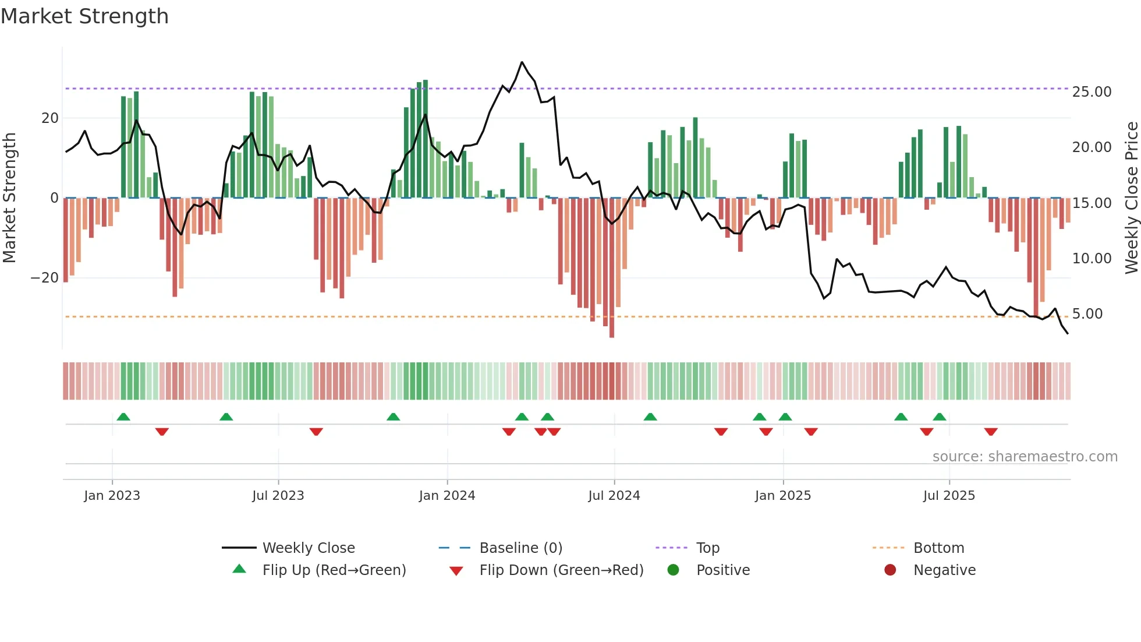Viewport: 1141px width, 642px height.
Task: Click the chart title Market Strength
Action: click(x=84, y=16)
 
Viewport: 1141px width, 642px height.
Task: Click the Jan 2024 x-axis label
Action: click(x=447, y=496)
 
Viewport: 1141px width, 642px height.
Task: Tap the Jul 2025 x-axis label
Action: click(x=948, y=496)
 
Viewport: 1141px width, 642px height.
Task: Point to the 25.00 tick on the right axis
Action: click(x=1092, y=92)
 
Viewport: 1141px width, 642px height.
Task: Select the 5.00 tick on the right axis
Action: click(x=1087, y=314)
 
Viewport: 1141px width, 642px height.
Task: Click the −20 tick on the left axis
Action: click(x=45, y=278)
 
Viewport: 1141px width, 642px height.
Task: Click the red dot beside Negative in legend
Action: click(x=890, y=570)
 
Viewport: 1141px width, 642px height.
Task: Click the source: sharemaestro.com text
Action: click(x=1025, y=457)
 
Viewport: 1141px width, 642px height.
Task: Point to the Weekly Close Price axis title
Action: click(x=1131, y=198)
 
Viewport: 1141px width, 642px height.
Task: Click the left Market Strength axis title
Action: click(x=9, y=198)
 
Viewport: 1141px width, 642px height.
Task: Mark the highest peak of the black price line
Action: click(x=522, y=62)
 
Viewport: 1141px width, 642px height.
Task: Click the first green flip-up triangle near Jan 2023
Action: click(x=123, y=417)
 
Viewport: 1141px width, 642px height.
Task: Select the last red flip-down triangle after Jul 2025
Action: click(x=991, y=432)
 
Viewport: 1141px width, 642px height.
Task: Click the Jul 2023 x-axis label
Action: click(x=278, y=496)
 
